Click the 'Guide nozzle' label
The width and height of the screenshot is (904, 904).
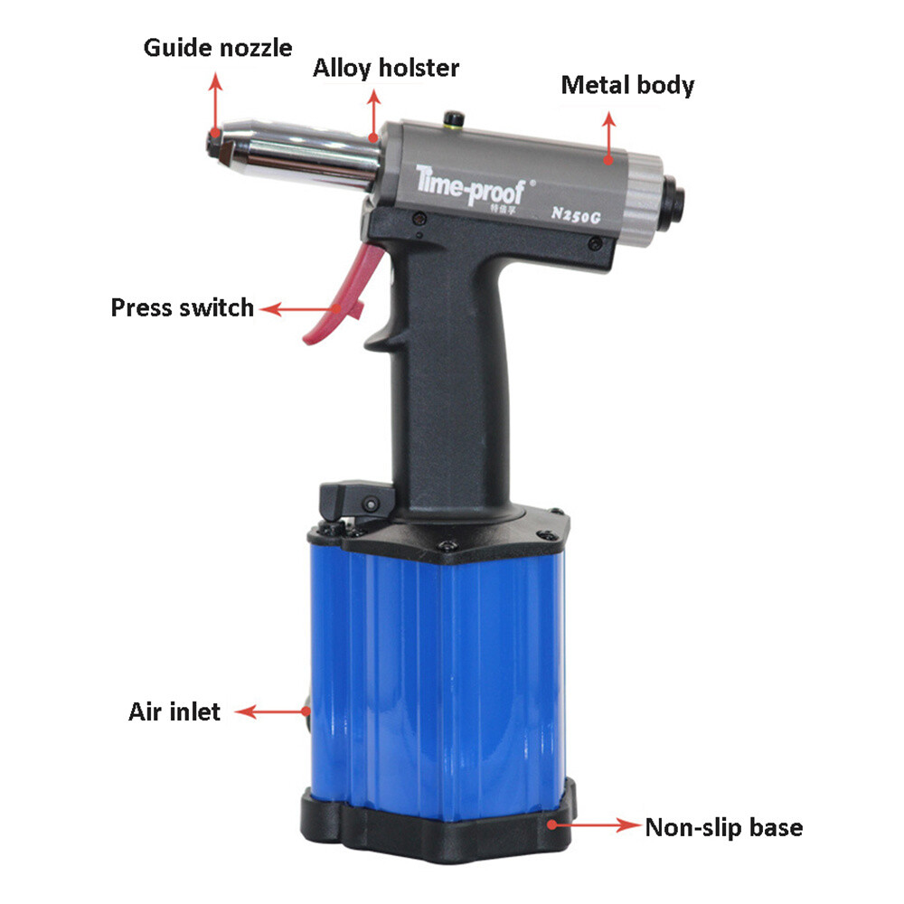(x=217, y=47)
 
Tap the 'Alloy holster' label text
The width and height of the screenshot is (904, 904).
(x=386, y=68)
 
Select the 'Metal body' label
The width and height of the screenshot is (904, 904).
(x=627, y=86)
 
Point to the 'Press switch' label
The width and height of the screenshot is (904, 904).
(x=182, y=307)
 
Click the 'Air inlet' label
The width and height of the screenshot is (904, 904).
(x=174, y=711)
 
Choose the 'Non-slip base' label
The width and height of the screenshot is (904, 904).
(x=723, y=826)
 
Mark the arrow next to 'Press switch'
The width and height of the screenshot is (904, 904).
(x=298, y=309)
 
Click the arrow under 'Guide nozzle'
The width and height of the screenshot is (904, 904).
(x=215, y=104)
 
